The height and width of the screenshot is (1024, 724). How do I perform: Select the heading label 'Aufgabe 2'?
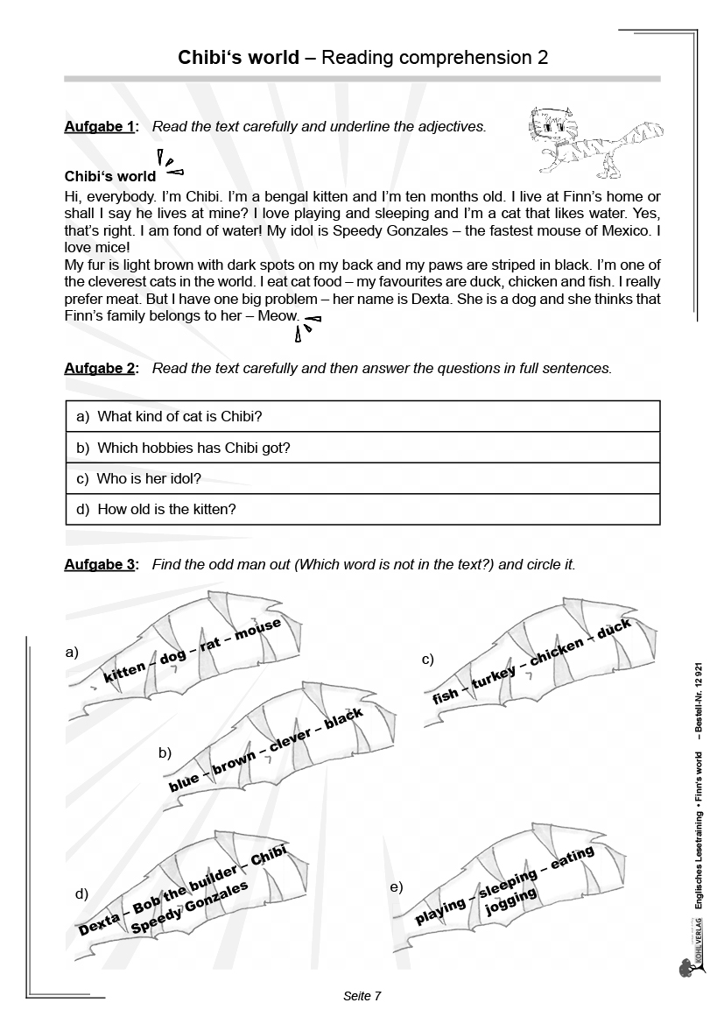[100, 369]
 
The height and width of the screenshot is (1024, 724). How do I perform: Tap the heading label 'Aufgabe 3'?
[100, 565]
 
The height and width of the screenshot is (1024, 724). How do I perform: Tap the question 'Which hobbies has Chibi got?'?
[193, 448]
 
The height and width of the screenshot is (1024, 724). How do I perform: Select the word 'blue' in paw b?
[184, 780]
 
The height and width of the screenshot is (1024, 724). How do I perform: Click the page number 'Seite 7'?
[362, 996]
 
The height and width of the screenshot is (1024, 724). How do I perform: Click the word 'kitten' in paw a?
[123, 673]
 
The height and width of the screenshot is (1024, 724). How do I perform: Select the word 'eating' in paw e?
[573, 858]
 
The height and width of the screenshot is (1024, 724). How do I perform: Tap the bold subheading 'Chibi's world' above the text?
[110, 176]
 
